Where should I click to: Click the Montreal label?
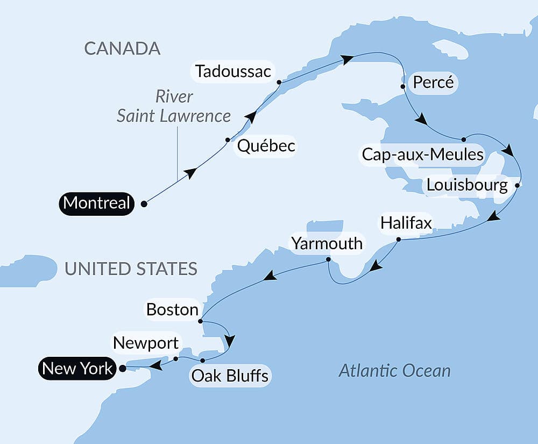pyautogui.click(x=96, y=203)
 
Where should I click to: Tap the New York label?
pyautogui.click(x=77, y=369)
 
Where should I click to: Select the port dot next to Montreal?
pyautogui.click(x=144, y=204)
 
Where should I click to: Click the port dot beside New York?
pyautogui.click(x=122, y=369)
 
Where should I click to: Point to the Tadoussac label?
pyautogui.click(x=233, y=71)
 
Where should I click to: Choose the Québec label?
pyautogui.click(x=266, y=146)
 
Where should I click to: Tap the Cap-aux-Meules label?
pyautogui.click(x=422, y=154)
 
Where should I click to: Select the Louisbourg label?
pyautogui.click(x=466, y=186)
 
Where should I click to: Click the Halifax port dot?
pyautogui.click(x=399, y=239)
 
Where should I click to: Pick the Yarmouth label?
pyautogui.click(x=327, y=243)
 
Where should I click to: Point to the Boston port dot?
pyautogui.click(x=200, y=321)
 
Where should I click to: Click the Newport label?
pyautogui.click(x=145, y=343)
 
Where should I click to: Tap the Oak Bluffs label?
pyautogui.click(x=230, y=375)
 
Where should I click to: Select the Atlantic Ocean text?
pyautogui.click(x=394, y=370)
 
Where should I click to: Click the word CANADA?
pyautogui.click(x=122, y=48)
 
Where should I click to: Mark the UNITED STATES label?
pyautogui.click(x=131, y=269)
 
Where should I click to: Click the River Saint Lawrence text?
pyautogui.click(x=174, y=106)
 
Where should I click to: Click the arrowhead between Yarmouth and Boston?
pyautogui.click(x=270, y=277)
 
